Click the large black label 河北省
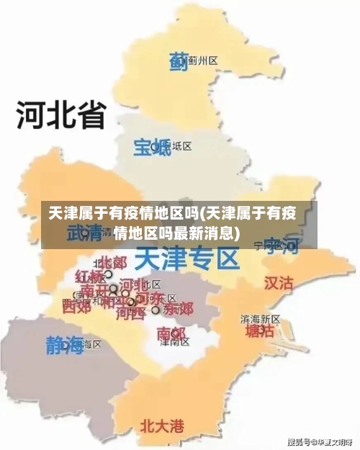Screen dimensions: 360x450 [61, 115]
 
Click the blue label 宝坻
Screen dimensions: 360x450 [149, 147]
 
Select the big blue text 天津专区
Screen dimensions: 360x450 [187, 256]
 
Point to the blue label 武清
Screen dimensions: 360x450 [85, 233]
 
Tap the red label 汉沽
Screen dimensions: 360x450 [279, 282]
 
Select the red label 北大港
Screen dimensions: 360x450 [161, 425]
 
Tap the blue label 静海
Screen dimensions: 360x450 [65, 344]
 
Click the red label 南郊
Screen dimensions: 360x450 [171, 333]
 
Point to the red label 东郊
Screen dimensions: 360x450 [178, 310]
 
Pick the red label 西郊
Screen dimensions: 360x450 [77, 307]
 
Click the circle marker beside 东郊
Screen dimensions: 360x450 [156, 310]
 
